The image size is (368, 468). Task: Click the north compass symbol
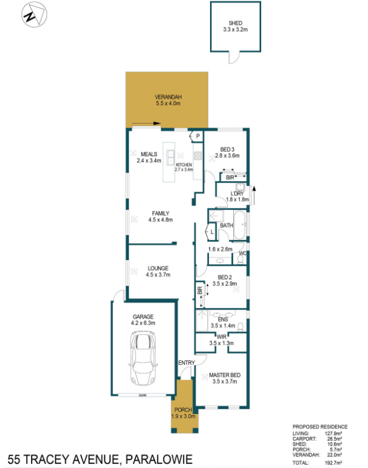[x=34, y=15]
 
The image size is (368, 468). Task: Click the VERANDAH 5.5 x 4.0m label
[x=168, y=100]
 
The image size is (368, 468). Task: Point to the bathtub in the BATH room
[x=240, y=225]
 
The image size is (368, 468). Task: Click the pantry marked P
[x=197, y=136]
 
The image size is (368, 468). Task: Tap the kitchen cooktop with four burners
[x=198, y=156]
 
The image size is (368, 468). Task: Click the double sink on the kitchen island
[x=170, y=157]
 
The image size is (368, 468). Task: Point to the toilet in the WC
[x=240, y=260]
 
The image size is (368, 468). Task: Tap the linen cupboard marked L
[x=210, y=232]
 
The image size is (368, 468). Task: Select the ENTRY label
[x=186, y=363]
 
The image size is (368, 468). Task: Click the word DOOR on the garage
[x=143, y=395]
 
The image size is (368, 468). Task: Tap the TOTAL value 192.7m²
[x=333, y=463]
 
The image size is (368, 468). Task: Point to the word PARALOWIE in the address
[x=159, y=459]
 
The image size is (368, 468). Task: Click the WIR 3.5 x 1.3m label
[x=221, y=340]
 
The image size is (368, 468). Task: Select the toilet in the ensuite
[x=240, y=326]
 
